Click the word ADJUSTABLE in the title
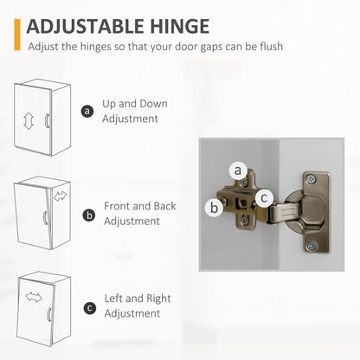[86, 26]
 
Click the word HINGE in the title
[180, 26]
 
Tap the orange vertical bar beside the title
[17, 35]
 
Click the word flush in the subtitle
[271, 46]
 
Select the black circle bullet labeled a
[87, 111]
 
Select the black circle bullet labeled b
[89, 215]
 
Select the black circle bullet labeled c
[90, 308]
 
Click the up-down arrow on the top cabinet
[29, 121]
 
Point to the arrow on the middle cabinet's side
[60, 196]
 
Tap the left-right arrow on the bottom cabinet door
[34, 297]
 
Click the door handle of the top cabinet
[47, 120]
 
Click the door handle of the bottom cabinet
[49, 314]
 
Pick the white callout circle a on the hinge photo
[238, 170]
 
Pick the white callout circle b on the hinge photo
[214, 208]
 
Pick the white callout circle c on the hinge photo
[264, 198]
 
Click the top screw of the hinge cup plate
[311, 179]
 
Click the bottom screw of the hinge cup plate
[312, 246]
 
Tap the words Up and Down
[135, 104]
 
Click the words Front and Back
[139, 206]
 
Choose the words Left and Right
[138, 299]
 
